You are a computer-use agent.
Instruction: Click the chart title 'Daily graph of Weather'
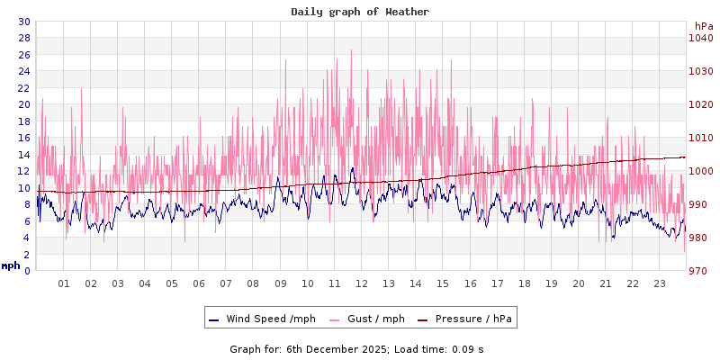[x=360, y=12]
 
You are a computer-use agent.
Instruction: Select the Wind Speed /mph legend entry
[x=262, y=319]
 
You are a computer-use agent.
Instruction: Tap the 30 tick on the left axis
[x=23, y=22]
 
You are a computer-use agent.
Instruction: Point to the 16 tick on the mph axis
[x=23, y=138]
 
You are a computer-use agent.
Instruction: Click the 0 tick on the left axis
[x=27, y=271]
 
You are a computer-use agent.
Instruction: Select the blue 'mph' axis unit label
[x=10, y=265]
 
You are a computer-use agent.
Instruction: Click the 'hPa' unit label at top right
[x=704, y=26]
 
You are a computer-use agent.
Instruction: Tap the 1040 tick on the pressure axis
[x=701, y=38]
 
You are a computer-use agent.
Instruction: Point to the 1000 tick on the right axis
[x=701, y=171]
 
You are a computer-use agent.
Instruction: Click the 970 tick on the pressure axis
[x=701, y=271]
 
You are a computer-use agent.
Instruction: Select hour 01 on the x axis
[x=64, y=283]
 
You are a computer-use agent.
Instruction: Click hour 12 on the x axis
[x=362, y=283]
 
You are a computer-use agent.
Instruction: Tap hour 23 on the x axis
[x=660, y=283]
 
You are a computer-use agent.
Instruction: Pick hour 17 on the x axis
[x=497, y=283]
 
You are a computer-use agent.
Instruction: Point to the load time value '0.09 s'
[x=467, y=348]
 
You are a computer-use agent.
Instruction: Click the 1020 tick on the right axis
[x=701, y=104]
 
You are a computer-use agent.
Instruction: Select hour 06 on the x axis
[x=199, y=283]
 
